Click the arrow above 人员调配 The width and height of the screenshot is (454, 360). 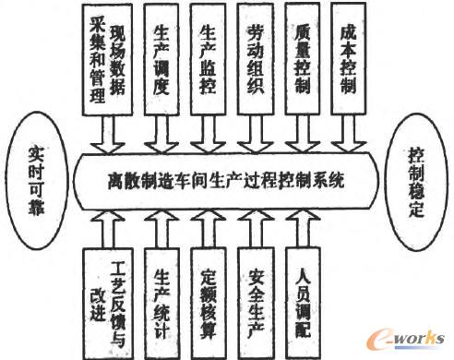(303, 226)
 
